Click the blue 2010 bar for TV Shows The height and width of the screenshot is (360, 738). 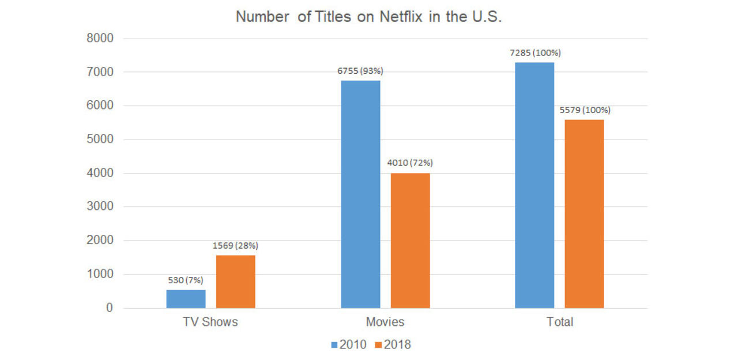pos(186,299)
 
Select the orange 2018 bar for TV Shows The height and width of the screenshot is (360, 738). pos(235,282)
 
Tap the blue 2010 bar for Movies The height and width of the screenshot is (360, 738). pos(360,194)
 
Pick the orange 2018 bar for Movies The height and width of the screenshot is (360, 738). pos(410,240)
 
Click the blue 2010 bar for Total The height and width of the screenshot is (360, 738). pos(534,185)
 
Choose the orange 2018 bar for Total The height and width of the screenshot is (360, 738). pos(584,213)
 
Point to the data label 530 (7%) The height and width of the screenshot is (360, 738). pos(186,280)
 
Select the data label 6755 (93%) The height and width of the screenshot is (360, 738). pos(360,71)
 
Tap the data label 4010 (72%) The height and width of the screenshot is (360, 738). pos(410,163)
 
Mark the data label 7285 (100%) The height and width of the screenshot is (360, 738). pos(534,52)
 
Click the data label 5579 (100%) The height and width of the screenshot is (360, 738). pos(585,110)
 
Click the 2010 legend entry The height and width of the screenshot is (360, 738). pos(348,345)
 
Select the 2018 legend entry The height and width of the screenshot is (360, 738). pos(392,345)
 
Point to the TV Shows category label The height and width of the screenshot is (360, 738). pos(210,322)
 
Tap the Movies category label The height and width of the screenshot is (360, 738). pos(385,322)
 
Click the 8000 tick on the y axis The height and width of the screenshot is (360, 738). pos(100,39)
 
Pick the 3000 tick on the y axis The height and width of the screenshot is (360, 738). pos(100,207)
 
